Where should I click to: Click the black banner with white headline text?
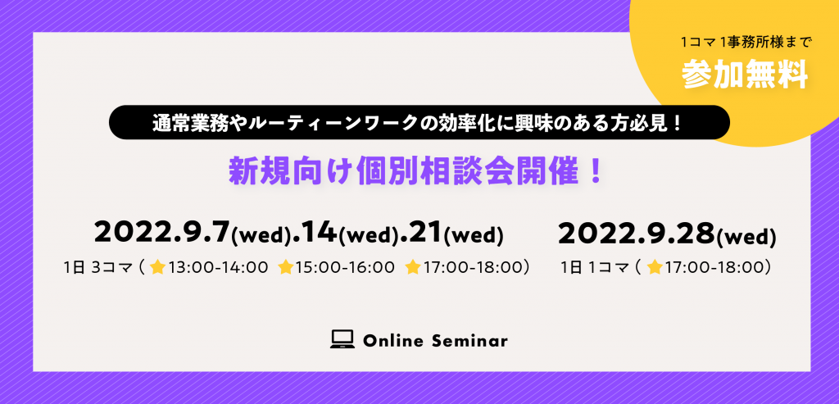(x=419, y=122)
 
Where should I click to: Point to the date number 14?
(x=319, y=232)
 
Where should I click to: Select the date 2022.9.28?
(x=637, y=233)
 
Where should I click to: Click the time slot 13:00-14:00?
(x=218, y=267)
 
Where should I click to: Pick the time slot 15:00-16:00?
(x=345, y=267)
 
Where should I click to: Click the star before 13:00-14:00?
(x=157, y=266)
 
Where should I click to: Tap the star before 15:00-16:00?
(x=286, y=266)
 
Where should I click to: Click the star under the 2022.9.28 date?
(x=655, y=266)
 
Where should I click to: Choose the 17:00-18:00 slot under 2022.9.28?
(x=714, y=267)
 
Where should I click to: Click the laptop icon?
(x=342, y=339)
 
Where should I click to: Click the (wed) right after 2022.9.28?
(x=746, y=236)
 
